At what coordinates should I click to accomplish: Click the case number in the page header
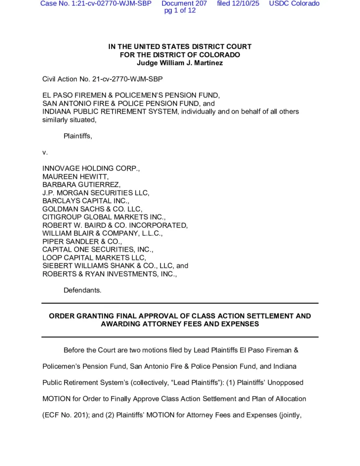[96, 4]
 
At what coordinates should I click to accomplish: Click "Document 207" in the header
[184, 4]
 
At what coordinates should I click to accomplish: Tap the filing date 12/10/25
[238, 4]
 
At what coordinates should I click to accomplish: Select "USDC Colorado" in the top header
[294, 4]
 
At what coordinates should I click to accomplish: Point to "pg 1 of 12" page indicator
[180, 11]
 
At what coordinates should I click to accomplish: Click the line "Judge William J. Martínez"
[180, 63]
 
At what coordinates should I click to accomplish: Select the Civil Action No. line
[102, 79]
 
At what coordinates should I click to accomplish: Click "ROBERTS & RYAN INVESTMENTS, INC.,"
[109, 274]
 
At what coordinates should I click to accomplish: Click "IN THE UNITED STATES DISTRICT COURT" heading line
[180, 47]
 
